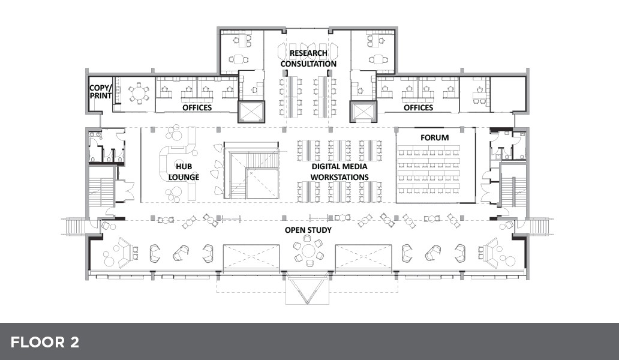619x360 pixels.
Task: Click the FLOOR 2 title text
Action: (x=44, y=342)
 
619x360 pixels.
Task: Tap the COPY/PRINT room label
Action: (x=100, y=92)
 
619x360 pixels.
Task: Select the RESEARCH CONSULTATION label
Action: (x=308, y=58)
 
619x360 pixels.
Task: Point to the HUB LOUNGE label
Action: (x=184, y=172)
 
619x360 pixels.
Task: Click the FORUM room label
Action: (x=434, y=138)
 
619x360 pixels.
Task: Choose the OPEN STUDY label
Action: (x=308, y=230)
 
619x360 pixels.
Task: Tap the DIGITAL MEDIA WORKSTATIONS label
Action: (x=339, y=172)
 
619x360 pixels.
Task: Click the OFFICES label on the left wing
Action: (x=197, y=107)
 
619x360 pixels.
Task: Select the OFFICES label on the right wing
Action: (x=418, y=107)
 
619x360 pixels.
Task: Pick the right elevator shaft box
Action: (x=363, y=112)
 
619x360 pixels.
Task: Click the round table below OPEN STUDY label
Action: (x=309, y=251)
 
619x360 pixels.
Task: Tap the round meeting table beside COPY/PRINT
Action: (x=139, y=94)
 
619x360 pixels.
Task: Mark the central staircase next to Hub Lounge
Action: (x=251, y=170)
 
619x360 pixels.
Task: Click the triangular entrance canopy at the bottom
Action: (x=308, y=289)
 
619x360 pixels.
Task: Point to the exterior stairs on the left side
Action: (x=74, y=227)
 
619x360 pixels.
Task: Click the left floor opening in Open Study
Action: (x=251, y=258)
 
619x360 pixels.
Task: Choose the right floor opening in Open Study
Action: (x=363, y=258)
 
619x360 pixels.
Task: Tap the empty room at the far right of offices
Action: (x=508, y=94)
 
